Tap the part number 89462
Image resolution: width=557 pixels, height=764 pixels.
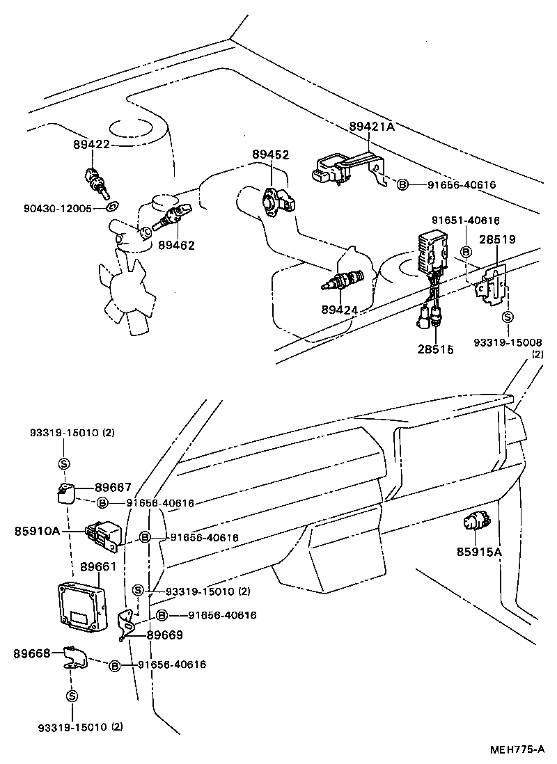[176, 245]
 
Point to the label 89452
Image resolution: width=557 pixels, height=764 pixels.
[270, 155]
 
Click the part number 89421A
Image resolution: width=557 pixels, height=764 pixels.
[372, 127]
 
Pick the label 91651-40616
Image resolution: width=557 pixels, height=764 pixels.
[465, 221]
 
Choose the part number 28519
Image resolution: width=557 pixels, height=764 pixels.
[496, 239]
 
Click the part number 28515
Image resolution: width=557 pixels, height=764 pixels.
[435, 349]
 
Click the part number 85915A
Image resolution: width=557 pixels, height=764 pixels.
[479, 552]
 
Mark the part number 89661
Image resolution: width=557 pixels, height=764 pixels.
[98, 566]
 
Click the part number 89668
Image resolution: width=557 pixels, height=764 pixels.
[32, 653]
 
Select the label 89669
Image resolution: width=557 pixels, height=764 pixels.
[164, 635]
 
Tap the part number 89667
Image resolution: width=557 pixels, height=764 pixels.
[113, 488]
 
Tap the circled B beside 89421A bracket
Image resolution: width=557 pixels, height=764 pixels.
[402, 184]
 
